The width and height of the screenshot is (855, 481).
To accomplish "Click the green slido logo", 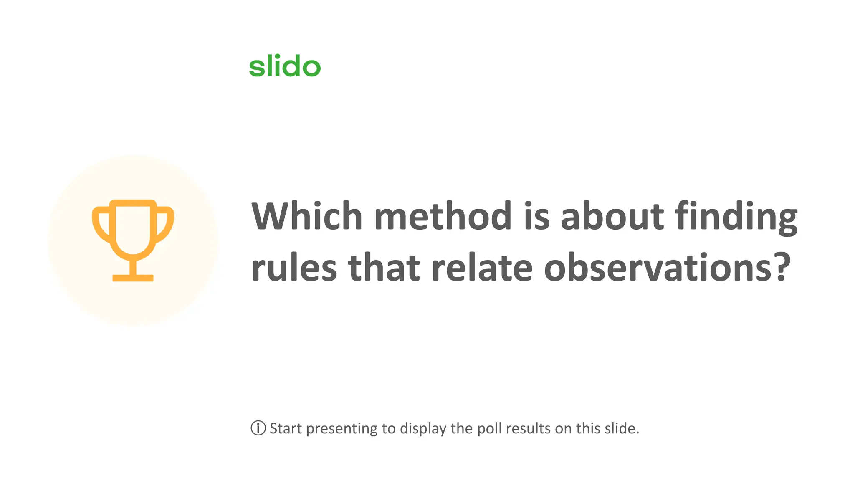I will (285, 66).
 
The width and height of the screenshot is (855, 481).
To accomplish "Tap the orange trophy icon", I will (133, 240).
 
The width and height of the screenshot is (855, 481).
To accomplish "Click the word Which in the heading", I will (306, 216).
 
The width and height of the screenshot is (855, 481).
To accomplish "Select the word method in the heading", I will (443, 216).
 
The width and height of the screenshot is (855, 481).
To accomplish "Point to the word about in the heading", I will (612, 216).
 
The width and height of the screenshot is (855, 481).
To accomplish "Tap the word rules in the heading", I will (294, 268).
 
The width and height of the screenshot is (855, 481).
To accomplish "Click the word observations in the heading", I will (658, 268).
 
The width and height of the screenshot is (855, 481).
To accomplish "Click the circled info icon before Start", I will (258, 428).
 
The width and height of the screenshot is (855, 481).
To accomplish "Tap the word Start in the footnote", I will (286, 428).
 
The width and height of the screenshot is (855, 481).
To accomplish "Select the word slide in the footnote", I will (622, 428).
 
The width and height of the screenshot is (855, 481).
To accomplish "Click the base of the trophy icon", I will (133, 278).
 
